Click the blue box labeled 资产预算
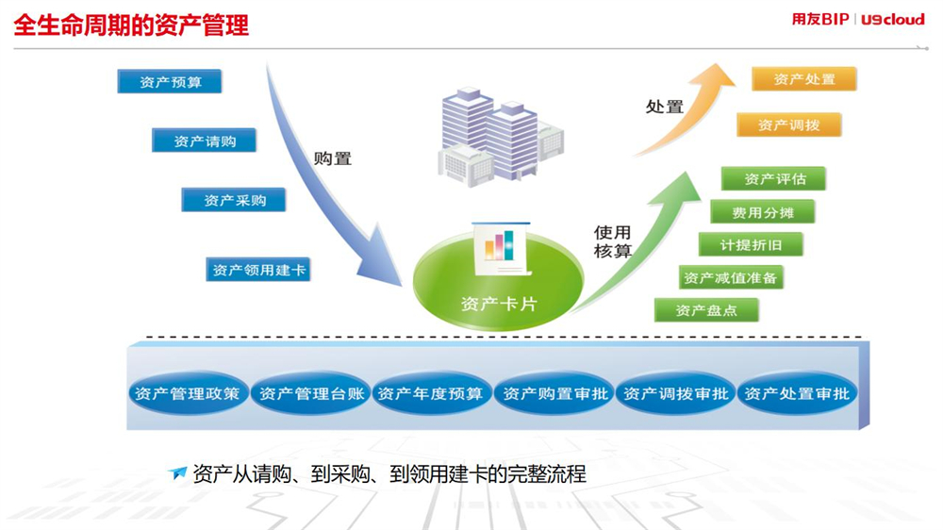coord(170,82)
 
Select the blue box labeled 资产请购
coord(204,141)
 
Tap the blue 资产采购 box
coord(234,200)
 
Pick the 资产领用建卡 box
coord(258,270)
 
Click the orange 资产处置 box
coord(804,79)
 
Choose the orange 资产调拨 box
coord(789,124)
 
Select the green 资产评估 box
coord(774,178)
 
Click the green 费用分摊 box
coord(763,212)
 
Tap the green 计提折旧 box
coord(752,245)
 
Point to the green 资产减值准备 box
coord(731,277)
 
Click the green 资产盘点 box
coord(706,310)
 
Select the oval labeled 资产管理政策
coord(188,393)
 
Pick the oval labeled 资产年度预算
coord(431,393)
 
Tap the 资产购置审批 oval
coord(554,393)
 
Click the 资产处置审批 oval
coord(798,393)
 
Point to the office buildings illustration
coord(501,137)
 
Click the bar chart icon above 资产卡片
coord(499,245)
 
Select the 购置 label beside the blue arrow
coord(333,158)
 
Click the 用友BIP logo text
coord(820,19)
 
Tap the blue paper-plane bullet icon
coord(177,472)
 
